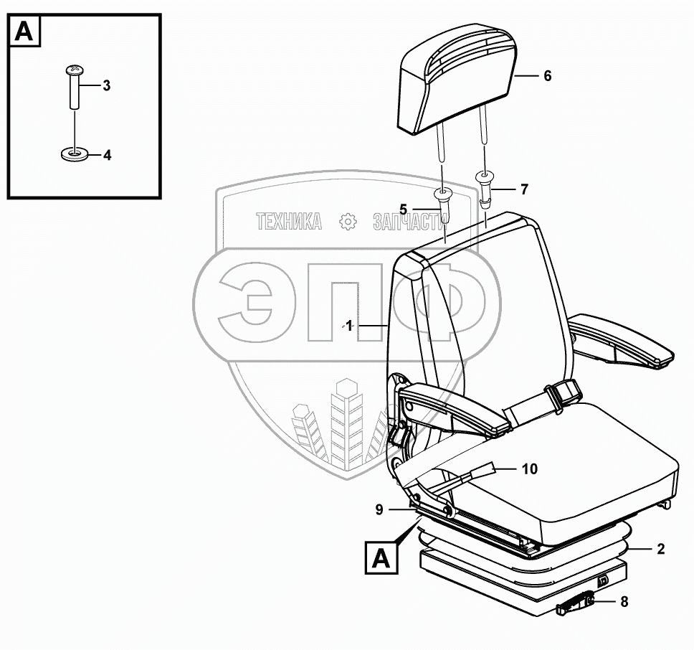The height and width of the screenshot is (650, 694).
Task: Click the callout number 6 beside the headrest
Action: pos(547,75)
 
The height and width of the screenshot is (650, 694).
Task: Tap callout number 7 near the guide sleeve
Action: pos(524,189)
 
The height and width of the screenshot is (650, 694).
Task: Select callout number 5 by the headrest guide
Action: pos(403,209)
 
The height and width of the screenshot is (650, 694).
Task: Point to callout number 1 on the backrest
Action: pos(349,326)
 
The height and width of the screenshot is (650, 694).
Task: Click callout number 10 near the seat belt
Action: pos(529,469)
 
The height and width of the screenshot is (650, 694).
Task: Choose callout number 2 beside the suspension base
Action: pos(660,550)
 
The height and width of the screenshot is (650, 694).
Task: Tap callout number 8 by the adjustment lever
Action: pos(624,602)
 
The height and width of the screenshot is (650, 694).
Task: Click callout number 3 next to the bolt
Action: pos(106,86)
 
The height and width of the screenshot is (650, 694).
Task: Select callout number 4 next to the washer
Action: pos(107,154)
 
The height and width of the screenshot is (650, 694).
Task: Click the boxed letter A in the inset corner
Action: pos(24,31)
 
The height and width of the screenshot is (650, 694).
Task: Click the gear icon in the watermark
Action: pos(348,222)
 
